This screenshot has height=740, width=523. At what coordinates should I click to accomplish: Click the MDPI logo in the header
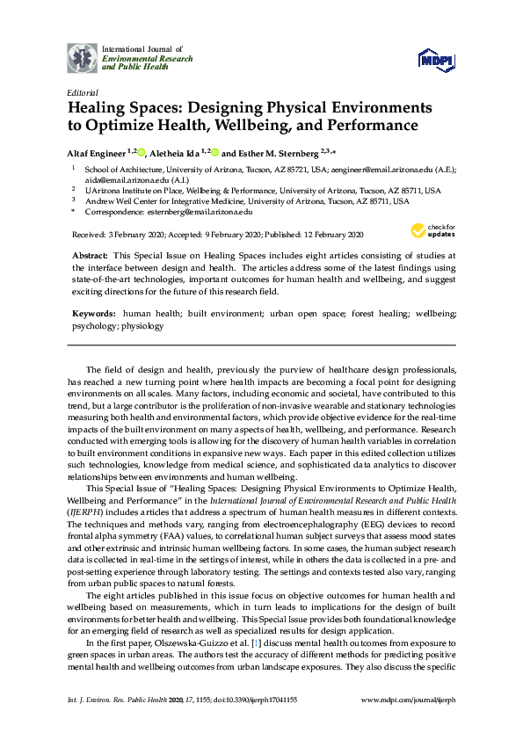coord(436,59)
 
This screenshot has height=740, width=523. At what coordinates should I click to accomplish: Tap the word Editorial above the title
coord(82,91)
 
